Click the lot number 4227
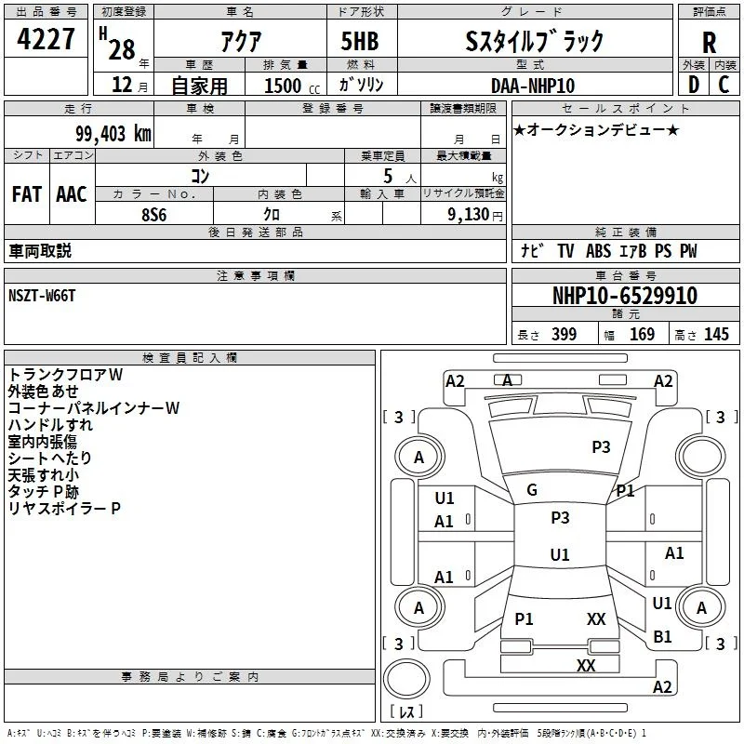46,39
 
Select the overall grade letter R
709,43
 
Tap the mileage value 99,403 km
113,134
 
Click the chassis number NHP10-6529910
625,296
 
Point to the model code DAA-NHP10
533,86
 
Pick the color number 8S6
154,215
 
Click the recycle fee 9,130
469,215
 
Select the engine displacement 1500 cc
292,86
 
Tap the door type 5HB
360,41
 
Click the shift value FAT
27,194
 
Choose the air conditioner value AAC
72,194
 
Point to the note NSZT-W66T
42,296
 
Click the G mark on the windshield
532,490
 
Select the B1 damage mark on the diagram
662,637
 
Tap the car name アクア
241,42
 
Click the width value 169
642,334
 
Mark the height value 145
716,334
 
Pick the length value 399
565,334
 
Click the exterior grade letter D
694,85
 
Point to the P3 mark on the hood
601,447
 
